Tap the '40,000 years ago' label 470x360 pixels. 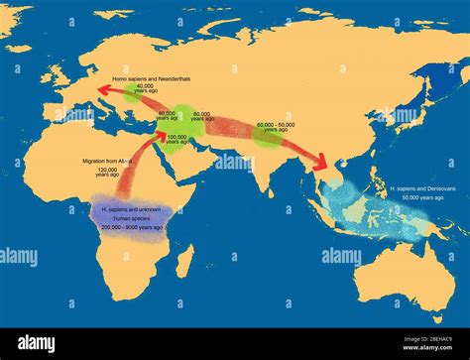click(x=146, y=89)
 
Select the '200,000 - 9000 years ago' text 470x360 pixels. click(x=131, y=227)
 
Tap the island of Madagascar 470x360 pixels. click(x=183, y=260)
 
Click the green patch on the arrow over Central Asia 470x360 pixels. click(x=266, y=133)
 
